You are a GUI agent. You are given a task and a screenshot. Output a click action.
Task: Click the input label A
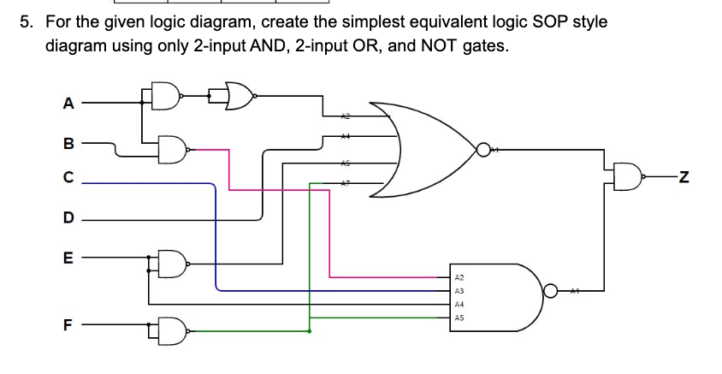68,104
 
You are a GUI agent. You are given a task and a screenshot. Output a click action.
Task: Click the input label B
68,145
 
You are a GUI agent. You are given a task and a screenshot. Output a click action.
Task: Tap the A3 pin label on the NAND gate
459,291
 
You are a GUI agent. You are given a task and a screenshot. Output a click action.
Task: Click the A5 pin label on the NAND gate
459,317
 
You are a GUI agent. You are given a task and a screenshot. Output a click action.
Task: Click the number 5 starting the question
26,21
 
